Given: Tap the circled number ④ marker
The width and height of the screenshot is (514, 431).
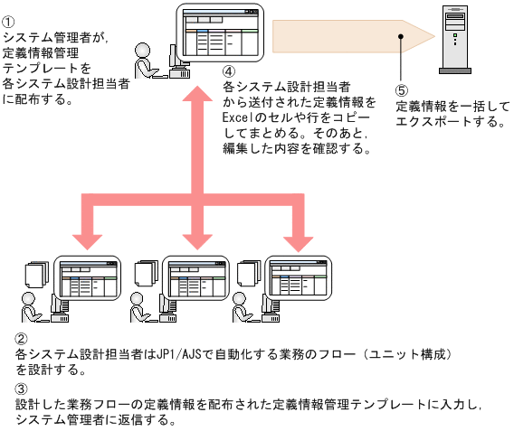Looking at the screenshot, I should coord(229,71).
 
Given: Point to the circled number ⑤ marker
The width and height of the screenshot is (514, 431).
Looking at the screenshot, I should coord(402,91).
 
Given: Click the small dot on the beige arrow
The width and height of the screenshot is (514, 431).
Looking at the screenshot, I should coord(401,36).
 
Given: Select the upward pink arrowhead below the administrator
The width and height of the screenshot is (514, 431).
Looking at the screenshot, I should coord(192,90).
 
